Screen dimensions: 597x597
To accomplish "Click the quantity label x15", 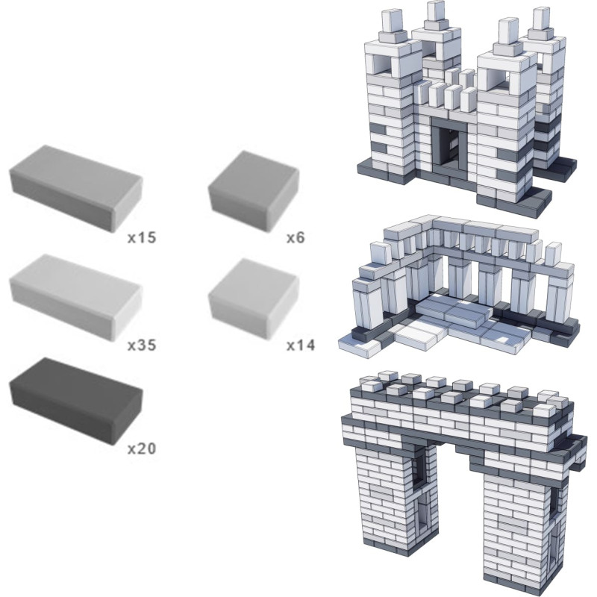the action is click(x=142, y=237).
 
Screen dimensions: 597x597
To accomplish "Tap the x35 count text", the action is click(x=142, y=346).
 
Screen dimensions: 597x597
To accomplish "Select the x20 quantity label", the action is click(x=142, y=448).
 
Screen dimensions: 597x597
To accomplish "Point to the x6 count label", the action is click(x=296, y=237).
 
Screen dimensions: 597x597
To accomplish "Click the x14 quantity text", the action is click(x=301, y=346).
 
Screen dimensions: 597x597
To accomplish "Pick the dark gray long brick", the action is click(x=76, y=401).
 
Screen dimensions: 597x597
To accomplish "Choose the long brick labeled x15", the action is click(x=76, y=188).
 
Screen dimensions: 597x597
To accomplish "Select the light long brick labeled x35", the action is click(x=76, y=297).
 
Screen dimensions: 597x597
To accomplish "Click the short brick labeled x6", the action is click(x=254, y=191).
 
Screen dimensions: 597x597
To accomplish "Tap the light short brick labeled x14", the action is click(x=254, y=299).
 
